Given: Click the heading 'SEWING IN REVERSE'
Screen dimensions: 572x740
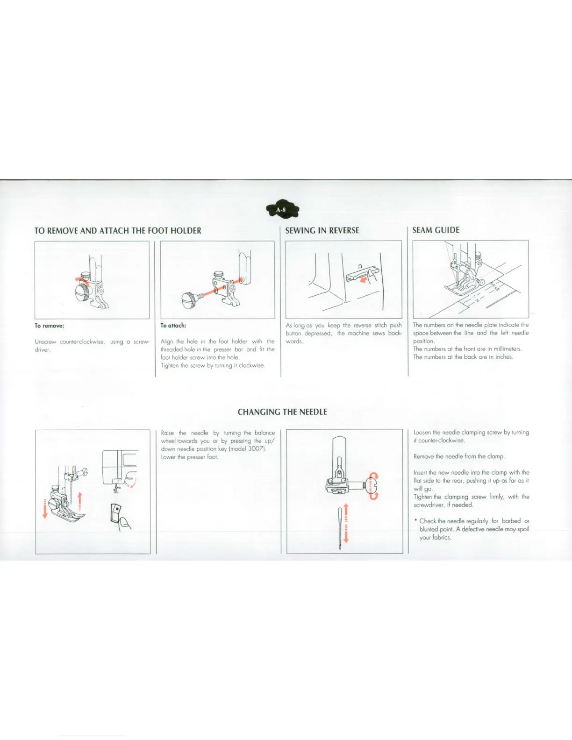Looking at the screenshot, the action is (x=322, y=230).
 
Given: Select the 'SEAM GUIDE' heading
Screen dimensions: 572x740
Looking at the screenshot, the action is (x=436, y=230).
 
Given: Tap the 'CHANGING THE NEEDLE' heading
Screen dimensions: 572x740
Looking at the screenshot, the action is (x=282, y=412).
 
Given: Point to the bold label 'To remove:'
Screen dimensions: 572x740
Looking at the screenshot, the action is (x=49, y=326).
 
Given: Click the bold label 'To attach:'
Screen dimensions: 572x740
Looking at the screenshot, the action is (x=173, y=326).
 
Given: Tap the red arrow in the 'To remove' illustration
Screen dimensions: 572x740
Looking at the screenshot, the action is (x=82, y=279).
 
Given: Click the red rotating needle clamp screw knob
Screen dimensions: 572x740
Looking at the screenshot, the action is (x=373, y=486).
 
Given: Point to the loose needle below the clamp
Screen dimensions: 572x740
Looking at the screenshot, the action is (x=340, y=528).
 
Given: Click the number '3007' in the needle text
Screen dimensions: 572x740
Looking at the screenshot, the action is (x=256, y=449).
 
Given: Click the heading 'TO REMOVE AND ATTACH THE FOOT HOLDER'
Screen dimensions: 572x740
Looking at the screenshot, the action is (x=118, y=230).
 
